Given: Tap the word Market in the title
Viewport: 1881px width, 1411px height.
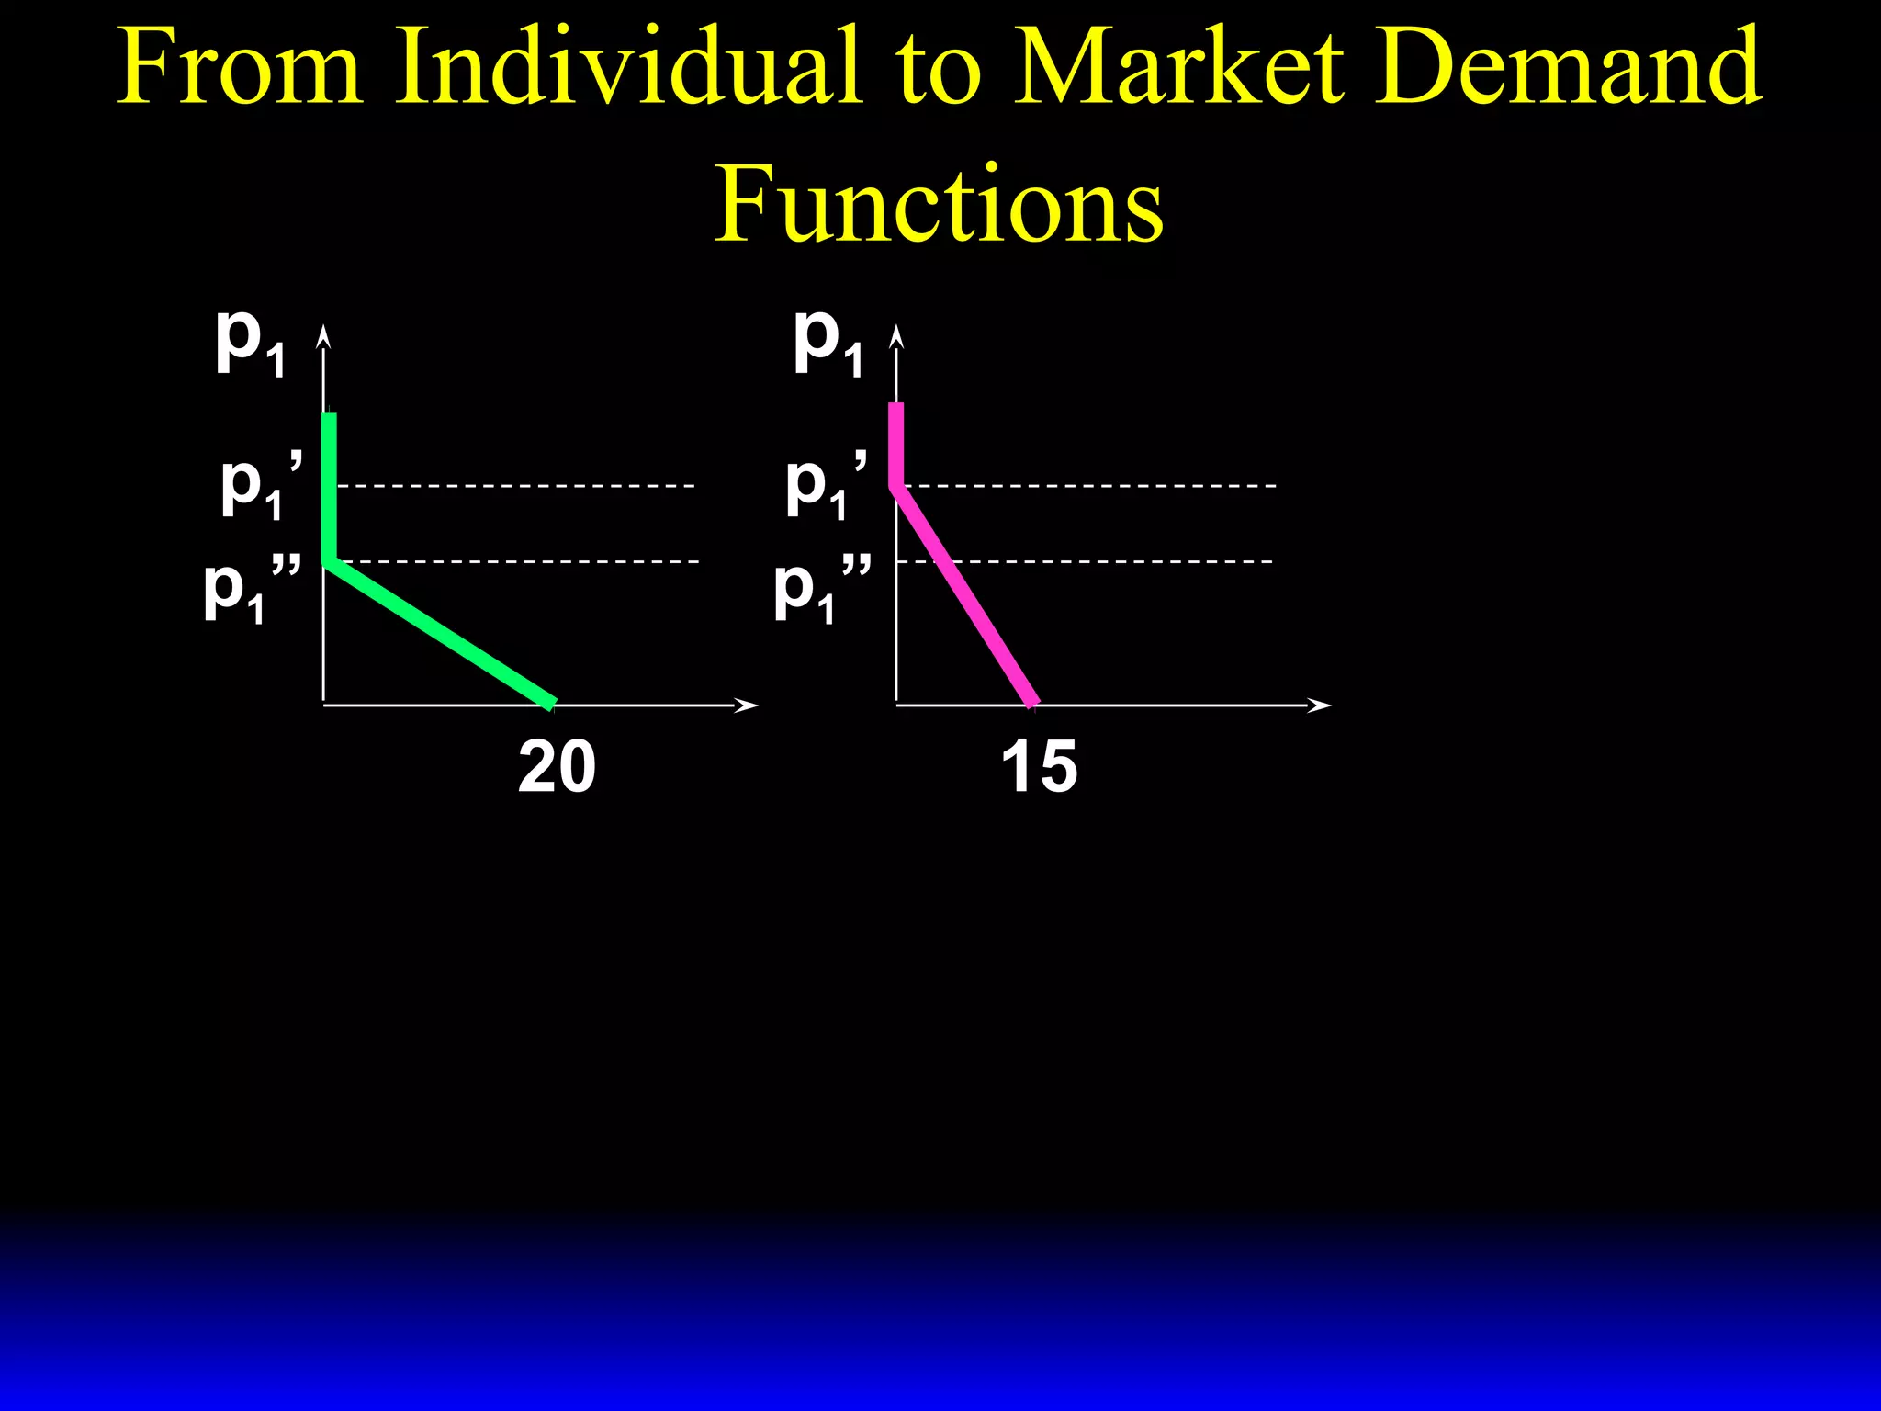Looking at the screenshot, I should pos(1178,66).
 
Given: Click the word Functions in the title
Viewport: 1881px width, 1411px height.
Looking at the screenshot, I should pos(939,204).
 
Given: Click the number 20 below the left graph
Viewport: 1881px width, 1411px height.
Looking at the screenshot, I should pos(557,766).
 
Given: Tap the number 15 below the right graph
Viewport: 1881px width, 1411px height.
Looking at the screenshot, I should pos(1039,766).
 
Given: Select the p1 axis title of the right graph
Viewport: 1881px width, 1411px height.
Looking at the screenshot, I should pos(828,342).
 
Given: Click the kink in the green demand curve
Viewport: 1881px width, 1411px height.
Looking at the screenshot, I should pos(330,561).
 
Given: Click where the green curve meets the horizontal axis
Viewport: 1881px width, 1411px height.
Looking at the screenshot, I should pos(551,704).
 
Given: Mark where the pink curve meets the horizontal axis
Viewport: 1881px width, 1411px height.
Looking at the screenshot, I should pos(1032,704).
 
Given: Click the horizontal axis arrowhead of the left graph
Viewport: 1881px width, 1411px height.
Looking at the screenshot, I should pos(749,705).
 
